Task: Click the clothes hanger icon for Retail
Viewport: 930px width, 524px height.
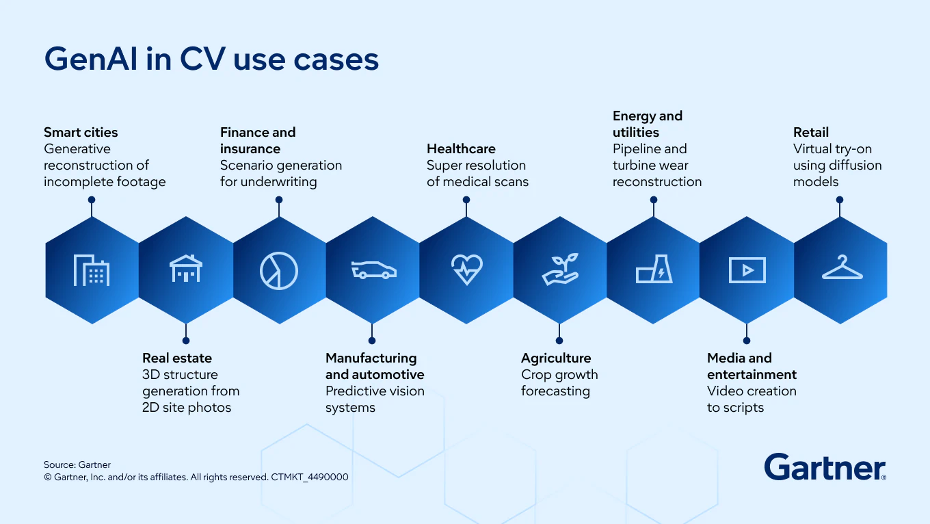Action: pyautogui.click(x=842, y=268)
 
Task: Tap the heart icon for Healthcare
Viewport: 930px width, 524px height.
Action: pyautogui.click(x=467, y=270)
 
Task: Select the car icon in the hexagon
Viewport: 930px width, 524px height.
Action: pyautogui.click(x=373, y=270)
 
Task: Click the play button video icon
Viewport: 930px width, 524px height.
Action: pyautogui.click(x=747, y=270)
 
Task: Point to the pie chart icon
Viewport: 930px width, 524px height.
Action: pyautogui.click(x=279, y=270)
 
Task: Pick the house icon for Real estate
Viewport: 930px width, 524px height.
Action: pyautogui.click(x=186, y=269)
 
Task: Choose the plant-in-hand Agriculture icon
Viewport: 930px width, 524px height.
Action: pyautogui.click(x=561, y=269)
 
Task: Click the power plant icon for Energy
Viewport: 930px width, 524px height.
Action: pyautogui.click(x=654, y=270)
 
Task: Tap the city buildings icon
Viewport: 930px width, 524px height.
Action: pyautogui.click(x=92, y=270)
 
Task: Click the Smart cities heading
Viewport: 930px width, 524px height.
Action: pyautogui.click(x=81, y=132)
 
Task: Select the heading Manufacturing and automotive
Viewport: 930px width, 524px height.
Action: pyautogui.click(x=375, y=366)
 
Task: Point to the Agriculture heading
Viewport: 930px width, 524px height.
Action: pyautogui.click(x=556, y=358)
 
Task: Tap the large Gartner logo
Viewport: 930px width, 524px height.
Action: pyautogui.click(x=825, y=467)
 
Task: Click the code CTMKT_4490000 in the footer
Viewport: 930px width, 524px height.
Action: pyautogui.click(x=310, y=477)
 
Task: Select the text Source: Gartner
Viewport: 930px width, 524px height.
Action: pyautogui.click(x=77, y=464)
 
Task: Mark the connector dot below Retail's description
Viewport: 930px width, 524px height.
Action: pyautogui.click(x=840, y=200)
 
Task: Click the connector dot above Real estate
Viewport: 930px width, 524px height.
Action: pyautogui.click(x=185, y=340)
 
